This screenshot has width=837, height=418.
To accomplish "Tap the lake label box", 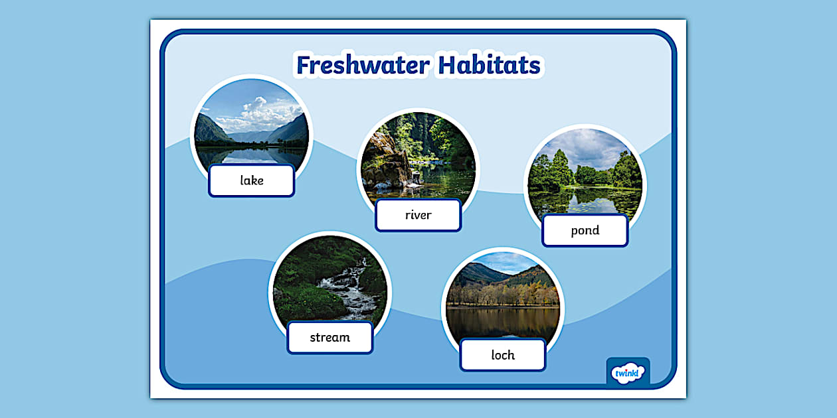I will tap(252, 180).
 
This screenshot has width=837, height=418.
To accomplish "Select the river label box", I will tap(418, 215).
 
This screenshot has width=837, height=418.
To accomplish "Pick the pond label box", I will tap(585, 231).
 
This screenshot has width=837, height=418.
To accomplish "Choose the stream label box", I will tap(329, 338).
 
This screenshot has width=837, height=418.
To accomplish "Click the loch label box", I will tap(502, 355).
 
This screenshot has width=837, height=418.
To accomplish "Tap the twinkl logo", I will tap(628, 372).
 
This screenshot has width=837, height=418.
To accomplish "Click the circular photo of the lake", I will tap(251, 126).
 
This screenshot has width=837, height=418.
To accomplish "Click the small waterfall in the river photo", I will tap(416, 178).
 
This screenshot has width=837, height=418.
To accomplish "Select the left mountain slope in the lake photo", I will tap(211, 129).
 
